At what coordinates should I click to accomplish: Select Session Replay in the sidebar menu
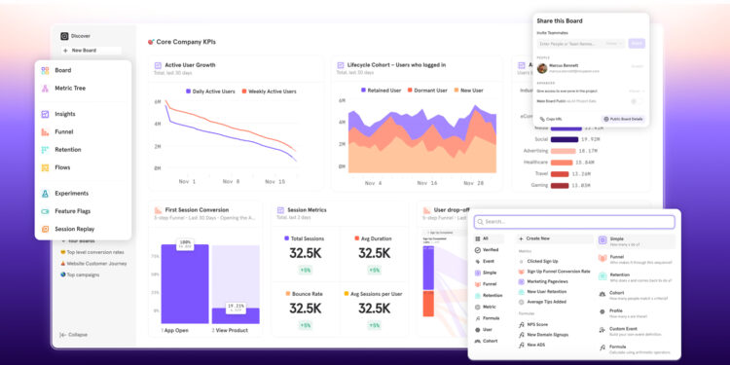tap(74, 229)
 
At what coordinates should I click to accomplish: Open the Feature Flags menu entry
tap(74, 210)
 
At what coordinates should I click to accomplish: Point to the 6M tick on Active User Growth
tap(157, 102)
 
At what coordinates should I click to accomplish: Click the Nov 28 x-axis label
tap(473, 182)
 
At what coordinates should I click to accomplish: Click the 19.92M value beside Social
tap(589, 139)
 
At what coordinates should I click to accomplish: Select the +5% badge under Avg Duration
tap(374, 270)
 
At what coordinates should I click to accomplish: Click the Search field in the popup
tap(574, 222)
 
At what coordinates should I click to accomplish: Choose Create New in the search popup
tap(539, 237)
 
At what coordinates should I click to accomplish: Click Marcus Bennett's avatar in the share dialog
tap(542, 68)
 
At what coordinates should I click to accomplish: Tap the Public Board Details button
tap(622, 119)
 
